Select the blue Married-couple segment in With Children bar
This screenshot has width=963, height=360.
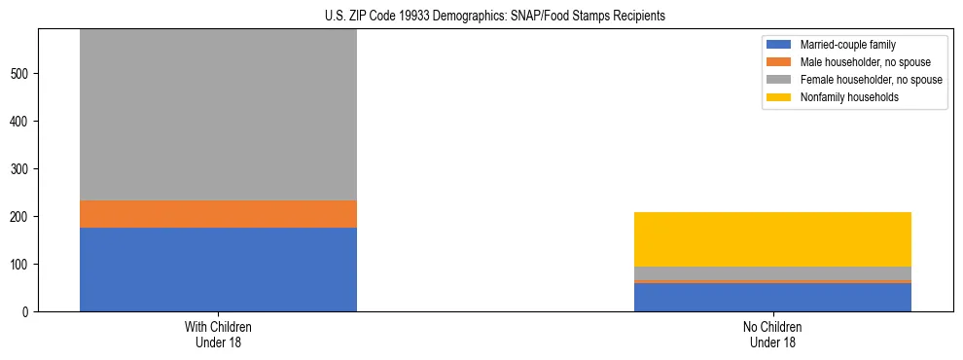point(218,270)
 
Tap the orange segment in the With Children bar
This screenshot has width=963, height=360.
point(218,214)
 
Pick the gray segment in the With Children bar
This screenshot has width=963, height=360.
point(218,115)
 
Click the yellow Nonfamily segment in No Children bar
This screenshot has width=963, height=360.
point(772,239)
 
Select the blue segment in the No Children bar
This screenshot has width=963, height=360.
point(772,297)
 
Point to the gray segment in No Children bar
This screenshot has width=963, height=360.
point(772,273)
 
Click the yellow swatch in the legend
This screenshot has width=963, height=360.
point(780,97)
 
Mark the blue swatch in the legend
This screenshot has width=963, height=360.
point(780,45)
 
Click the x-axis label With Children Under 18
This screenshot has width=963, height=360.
point(218,334)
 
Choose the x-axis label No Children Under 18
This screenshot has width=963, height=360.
point(772,334)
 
